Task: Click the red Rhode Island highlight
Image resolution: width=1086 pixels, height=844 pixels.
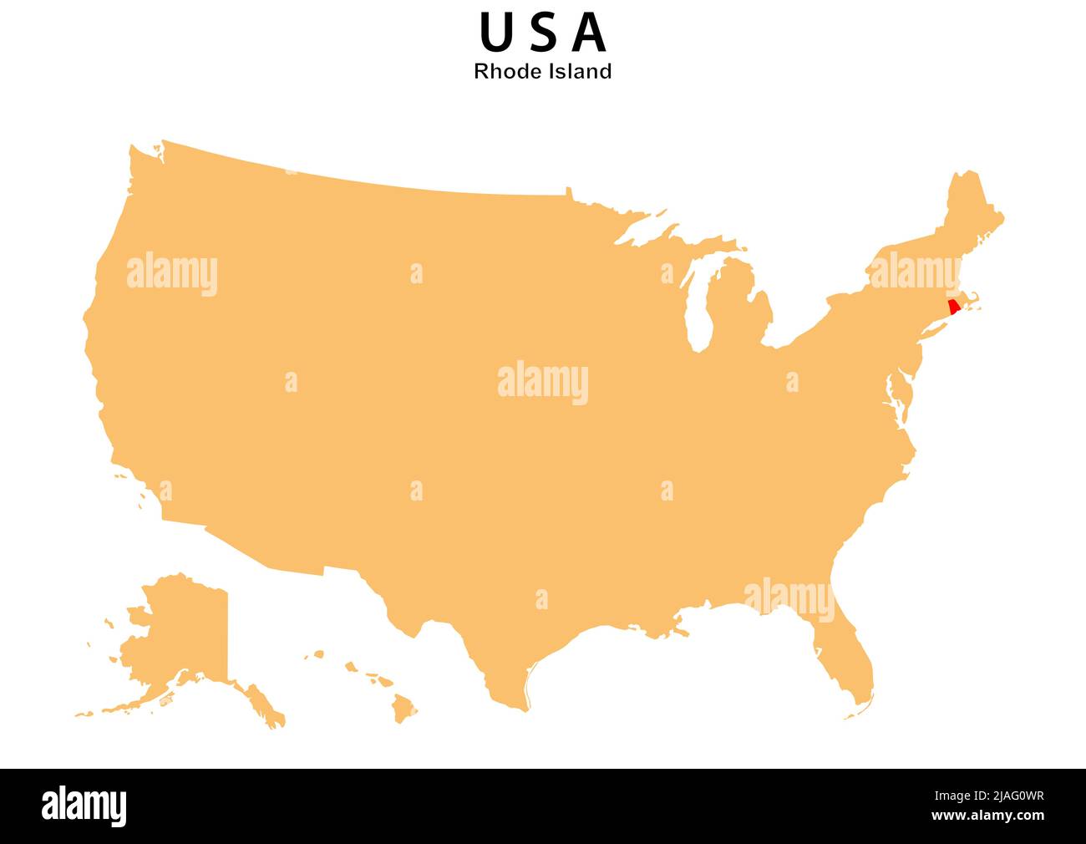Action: point(954,307)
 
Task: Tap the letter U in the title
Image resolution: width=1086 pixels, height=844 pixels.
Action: point(495,33)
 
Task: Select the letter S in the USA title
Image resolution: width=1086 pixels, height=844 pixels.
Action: point(544,33)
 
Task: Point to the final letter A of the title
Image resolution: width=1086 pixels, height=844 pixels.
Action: point(591,33)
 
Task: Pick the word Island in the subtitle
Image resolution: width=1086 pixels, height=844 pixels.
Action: point(580,72)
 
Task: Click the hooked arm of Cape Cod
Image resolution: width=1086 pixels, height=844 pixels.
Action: point(974,300)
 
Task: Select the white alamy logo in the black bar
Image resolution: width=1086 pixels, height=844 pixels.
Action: point(84,806)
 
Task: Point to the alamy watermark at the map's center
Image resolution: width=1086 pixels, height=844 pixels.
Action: point(543,383)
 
